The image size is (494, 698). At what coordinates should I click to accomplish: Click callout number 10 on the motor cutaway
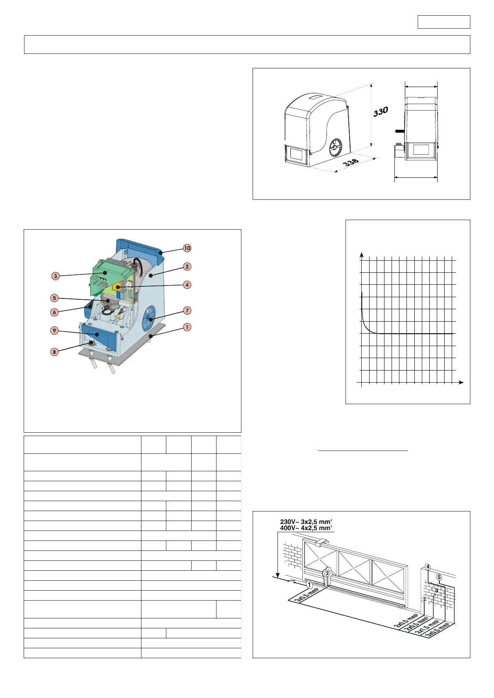point(187,248)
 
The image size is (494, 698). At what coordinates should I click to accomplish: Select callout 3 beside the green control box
point(56,276)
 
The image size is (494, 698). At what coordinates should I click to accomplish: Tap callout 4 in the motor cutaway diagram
point(187,285)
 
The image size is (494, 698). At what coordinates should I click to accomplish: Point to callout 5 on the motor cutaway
point(54,298)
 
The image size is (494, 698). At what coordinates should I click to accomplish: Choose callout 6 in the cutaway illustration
point(54,312)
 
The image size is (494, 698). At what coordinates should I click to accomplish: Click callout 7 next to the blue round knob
point(187,310)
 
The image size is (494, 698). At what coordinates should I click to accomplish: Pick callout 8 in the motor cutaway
point(54,352)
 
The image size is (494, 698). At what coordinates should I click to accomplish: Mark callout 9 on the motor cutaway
point(54,330)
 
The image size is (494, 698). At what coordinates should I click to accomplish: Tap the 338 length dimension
point(350,162)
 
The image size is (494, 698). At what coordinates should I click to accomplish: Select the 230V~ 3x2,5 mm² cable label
point(306,522)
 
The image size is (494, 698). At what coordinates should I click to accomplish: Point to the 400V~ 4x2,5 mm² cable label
point(306,528)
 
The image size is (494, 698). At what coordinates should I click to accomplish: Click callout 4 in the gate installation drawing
point(428,567)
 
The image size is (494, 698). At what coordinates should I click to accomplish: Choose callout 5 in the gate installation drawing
point(439,577)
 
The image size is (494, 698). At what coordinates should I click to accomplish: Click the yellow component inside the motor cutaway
point(118,286)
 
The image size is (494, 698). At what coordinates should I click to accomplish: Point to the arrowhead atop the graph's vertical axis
point(362,254)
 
